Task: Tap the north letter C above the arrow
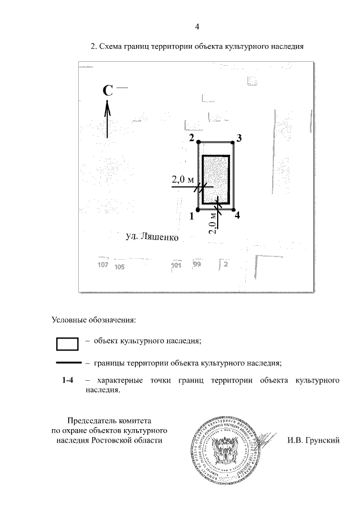[109, 91]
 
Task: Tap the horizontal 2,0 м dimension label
[183, 180]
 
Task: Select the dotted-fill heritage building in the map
[215, 179]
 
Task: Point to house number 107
[102, 265]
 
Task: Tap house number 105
[119, 267]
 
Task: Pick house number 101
[176, 265]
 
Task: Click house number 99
[197, 264]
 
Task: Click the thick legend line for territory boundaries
[67, 363]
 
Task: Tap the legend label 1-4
[68, 381]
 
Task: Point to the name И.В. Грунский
[313, 440]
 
